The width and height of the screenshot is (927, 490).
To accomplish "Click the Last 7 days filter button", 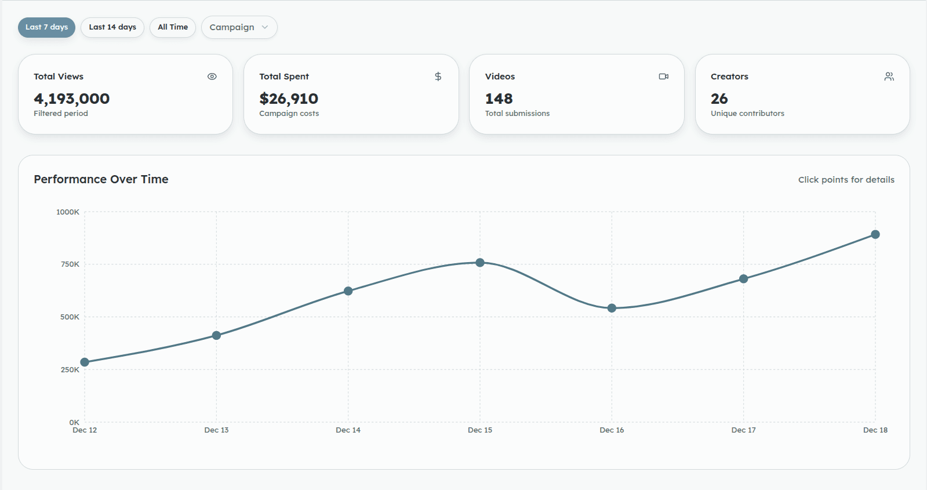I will point(46,27).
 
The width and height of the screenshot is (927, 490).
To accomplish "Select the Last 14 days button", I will point(112,27).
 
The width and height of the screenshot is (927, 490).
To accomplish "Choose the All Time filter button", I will point(173,27).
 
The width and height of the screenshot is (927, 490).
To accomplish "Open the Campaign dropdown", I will point(239,27).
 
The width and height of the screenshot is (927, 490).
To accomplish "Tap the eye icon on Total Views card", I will point(212,77).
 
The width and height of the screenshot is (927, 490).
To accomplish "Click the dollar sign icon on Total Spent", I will point(438,77).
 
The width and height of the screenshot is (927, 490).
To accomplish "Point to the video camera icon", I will point(664,77).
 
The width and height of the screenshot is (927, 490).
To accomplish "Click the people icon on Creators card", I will point(889,77).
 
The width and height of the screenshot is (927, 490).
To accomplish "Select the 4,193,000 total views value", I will point(72,99).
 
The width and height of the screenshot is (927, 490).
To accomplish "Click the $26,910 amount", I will point(289,99).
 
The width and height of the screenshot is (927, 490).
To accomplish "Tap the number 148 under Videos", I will point(499,99).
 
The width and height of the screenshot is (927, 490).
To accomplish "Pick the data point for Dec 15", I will point(480,263).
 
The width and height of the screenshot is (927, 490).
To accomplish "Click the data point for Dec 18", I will point(875,234).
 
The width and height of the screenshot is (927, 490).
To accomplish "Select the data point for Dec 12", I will point(85,362).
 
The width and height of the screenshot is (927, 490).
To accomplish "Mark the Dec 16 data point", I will point(612,308).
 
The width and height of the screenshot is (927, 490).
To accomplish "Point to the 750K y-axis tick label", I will point(70,264).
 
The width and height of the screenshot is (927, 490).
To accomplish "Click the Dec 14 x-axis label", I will point(348,430).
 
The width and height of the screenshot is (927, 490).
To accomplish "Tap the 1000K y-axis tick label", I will point(68,212).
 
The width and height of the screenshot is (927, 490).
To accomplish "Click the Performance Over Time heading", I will point(101,180).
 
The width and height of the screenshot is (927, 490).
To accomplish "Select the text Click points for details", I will point(846,180).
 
